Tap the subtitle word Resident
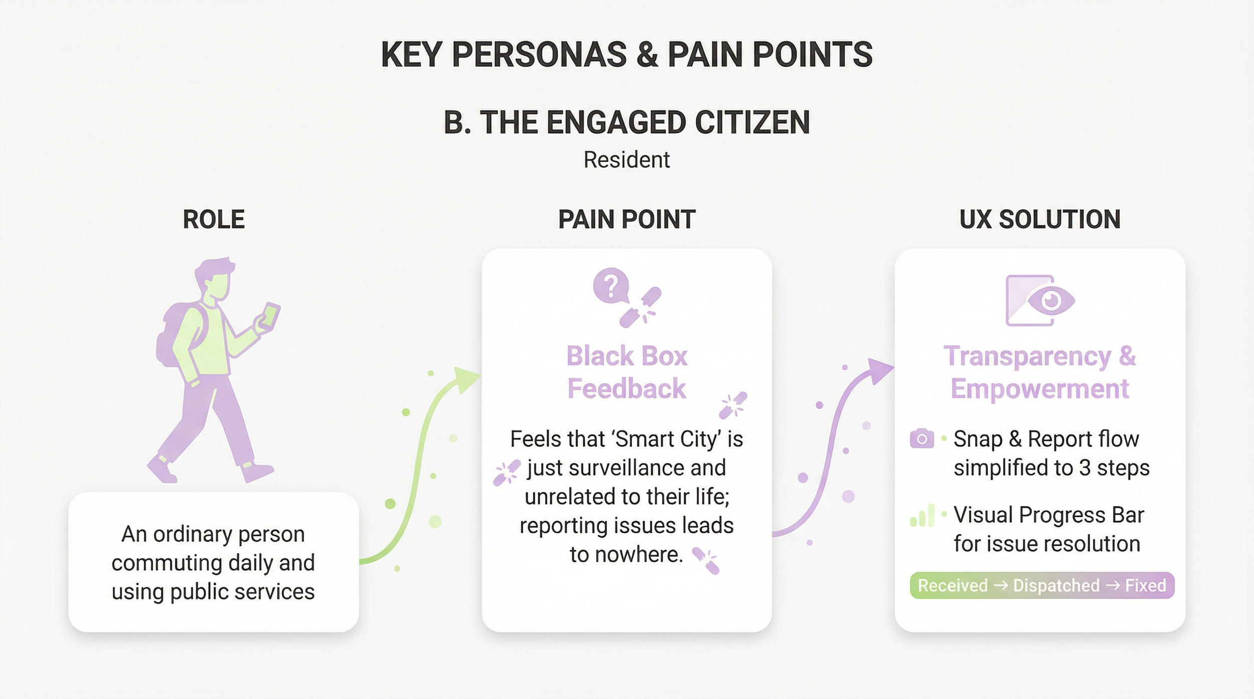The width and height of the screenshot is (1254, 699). coord(626,160)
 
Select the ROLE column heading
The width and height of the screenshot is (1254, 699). coord(214,219)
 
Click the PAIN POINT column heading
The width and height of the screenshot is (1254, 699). coord(626,219)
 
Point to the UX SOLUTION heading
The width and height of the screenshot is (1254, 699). coord(1040,219)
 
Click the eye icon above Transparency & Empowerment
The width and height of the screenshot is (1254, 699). coord(1050,301)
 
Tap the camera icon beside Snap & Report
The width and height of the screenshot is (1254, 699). coord(921,439)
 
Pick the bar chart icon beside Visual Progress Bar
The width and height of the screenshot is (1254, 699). coord(922,516)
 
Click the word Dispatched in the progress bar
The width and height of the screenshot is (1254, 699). coord(1056,585)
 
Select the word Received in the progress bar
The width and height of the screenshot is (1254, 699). coord(952,585)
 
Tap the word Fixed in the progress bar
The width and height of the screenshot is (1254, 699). coord(1145,585)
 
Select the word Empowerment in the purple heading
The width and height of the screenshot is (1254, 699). coord(1040,389)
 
